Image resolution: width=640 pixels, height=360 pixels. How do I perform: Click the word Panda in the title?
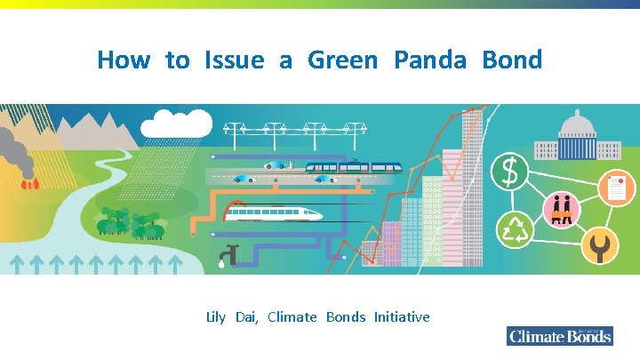pos(429,60)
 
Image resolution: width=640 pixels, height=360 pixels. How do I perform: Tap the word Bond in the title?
pos(512,60)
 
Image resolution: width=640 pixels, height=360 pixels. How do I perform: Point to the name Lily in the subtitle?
pos(216,317)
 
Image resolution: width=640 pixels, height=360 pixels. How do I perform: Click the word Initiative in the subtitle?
pos(402,317)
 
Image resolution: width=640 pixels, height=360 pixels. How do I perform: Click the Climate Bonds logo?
pos(560,335)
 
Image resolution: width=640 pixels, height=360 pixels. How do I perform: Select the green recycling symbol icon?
pos(514,230)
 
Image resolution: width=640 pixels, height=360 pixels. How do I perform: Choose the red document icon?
pos(615,188)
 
